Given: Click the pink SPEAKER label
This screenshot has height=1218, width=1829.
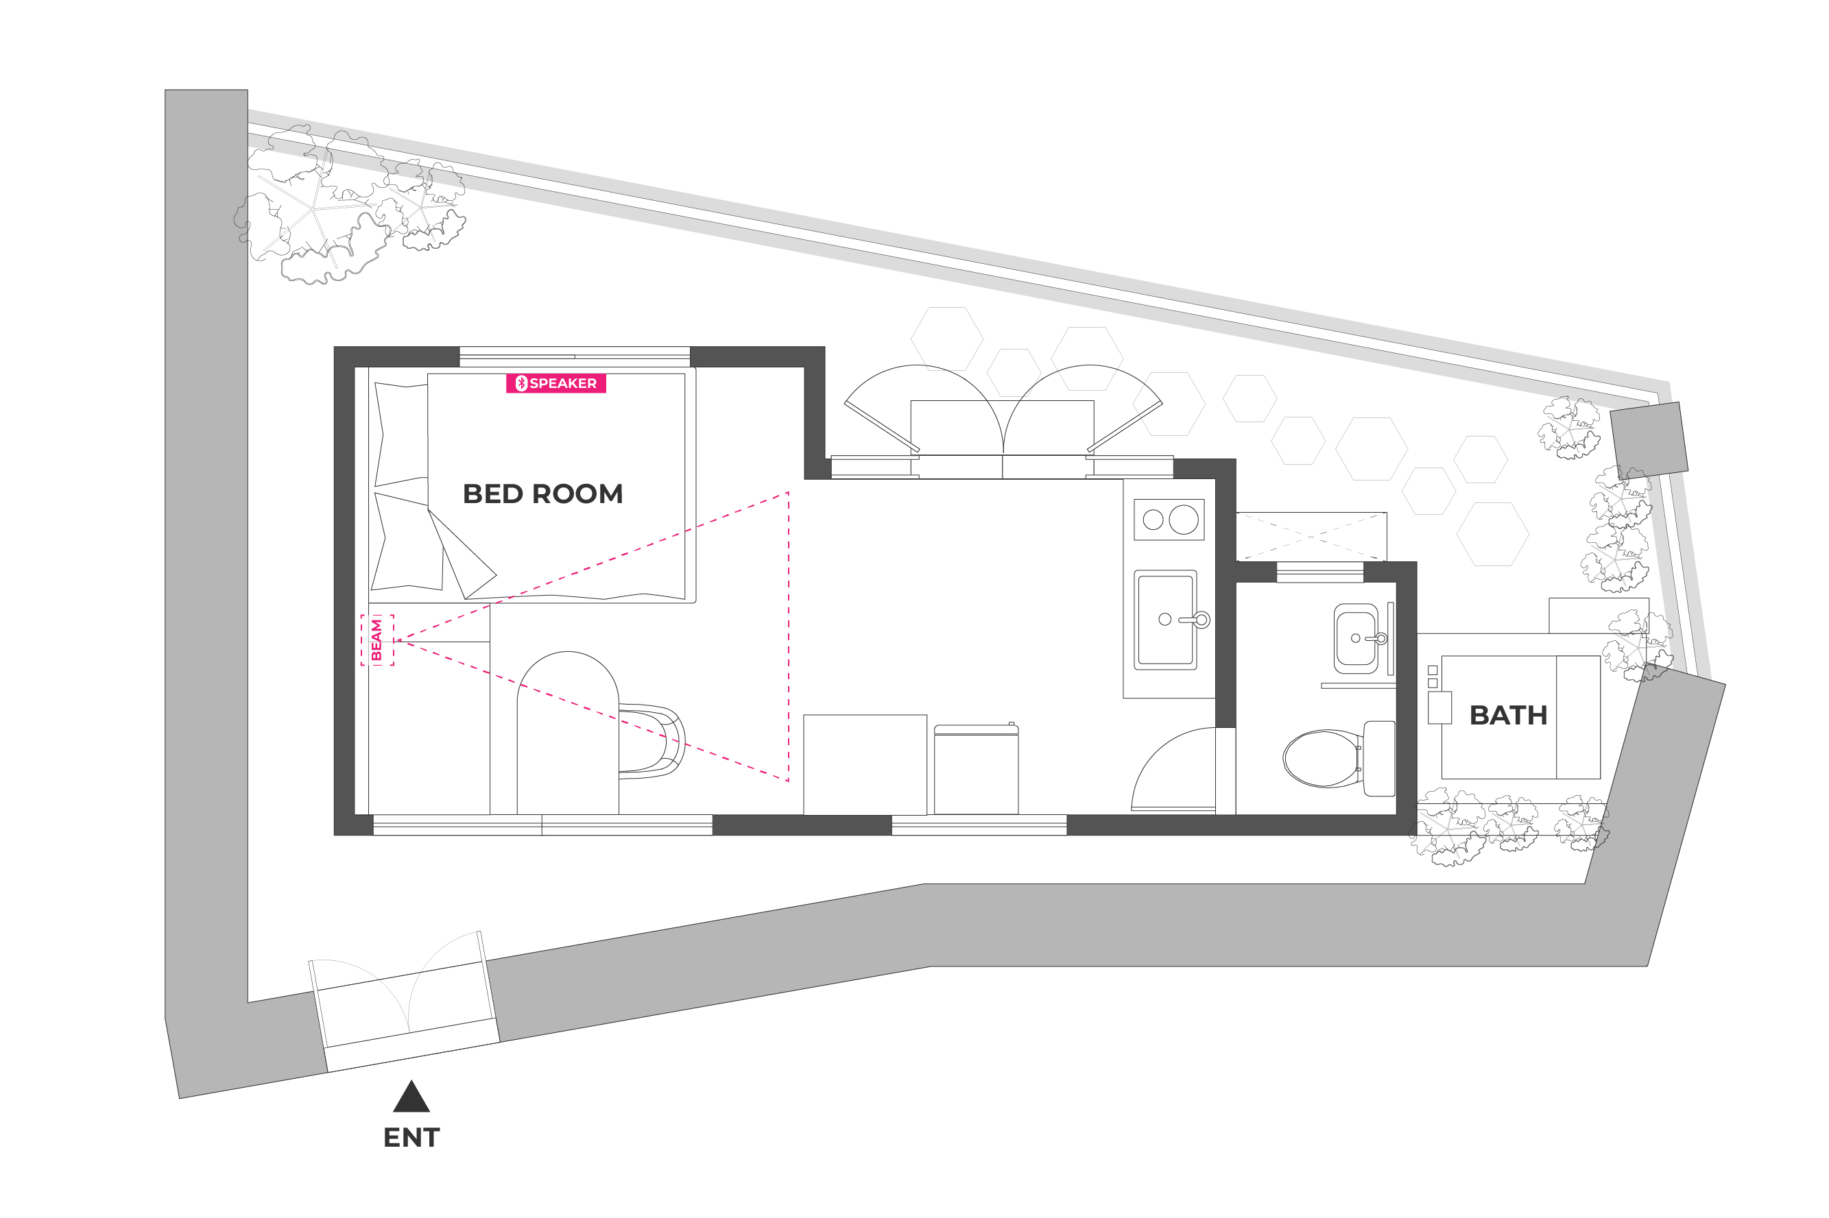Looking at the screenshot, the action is tap(555, 383).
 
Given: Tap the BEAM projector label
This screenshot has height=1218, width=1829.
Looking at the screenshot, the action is tap(376, 640).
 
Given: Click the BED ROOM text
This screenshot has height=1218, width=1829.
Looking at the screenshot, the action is tap(542, 494).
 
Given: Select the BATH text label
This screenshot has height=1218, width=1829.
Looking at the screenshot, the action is tap(1508, 716).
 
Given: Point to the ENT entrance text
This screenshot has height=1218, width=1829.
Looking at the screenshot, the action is tap(411, 1138).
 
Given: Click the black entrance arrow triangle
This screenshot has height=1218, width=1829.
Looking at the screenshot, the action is tap(411, 1096).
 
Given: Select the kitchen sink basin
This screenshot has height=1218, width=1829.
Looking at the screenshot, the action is tap(1164, 620).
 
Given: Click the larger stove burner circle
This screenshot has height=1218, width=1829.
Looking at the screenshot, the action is tap(1184, 520).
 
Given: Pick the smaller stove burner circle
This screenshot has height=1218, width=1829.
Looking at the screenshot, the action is tap(1153, 520).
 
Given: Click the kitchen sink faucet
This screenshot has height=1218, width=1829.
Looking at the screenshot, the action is tap(1195, 620).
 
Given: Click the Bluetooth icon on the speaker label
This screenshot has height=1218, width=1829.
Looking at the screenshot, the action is tap(521, 383).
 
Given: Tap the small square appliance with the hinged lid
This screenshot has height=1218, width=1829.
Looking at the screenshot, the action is tap(976, 768).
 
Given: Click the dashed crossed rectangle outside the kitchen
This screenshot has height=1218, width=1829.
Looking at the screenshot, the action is tap(1311, 536).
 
